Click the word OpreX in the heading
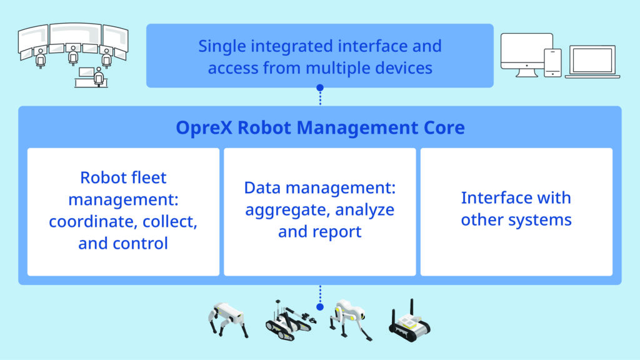pos(204,128)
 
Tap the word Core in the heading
pos(444,127)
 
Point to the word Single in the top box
pos(222,47)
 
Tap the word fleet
pos(146,177)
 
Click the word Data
pos(262,187)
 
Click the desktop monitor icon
pos(526,55)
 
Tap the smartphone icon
pos(553,62)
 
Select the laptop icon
pos(592,62)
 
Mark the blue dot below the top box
pos(320,87)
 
